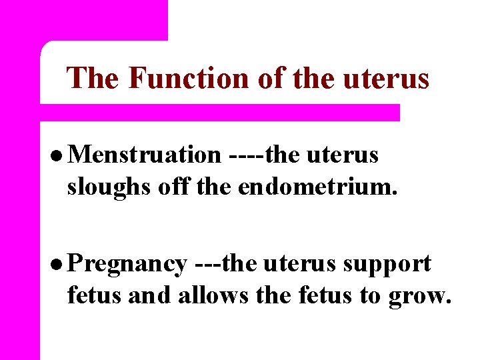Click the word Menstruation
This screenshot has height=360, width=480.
pyautogui.click(x=144, y=155)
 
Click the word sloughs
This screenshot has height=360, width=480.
pyautogui.click(x=109, y=188)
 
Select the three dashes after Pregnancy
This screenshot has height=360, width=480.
pyautogui.click(x=207, y=265)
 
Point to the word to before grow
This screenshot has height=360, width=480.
pyautogui.click(x=371, y=294)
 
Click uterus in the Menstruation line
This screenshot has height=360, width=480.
pyautogui.click(x=343, y=155)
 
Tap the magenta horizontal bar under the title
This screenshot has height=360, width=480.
pyautogui.click(x=220, y=112)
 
